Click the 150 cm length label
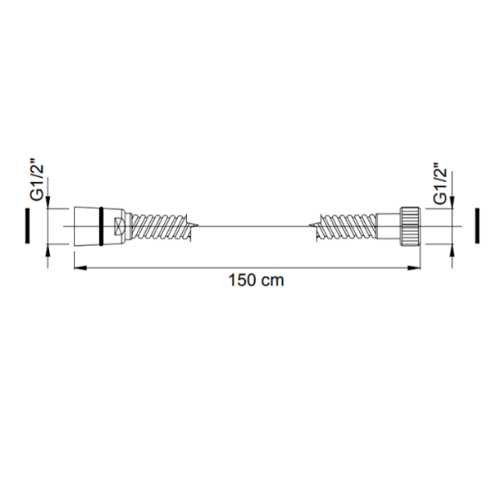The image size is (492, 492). tap(256, 280)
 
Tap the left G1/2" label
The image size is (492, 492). tap(36, 182)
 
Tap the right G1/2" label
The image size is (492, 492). tap(440, 184)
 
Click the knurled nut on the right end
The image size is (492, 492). tap(410, 226)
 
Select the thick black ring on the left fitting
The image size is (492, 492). tap(101, 226)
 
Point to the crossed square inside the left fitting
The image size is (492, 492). tap(120, 226)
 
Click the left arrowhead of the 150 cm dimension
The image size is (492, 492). tap(80, 268)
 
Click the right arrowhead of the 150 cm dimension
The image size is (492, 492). tap(414, 268)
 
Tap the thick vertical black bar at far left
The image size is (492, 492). tap(28, 225)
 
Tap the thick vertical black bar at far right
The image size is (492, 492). tap(477, 225)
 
